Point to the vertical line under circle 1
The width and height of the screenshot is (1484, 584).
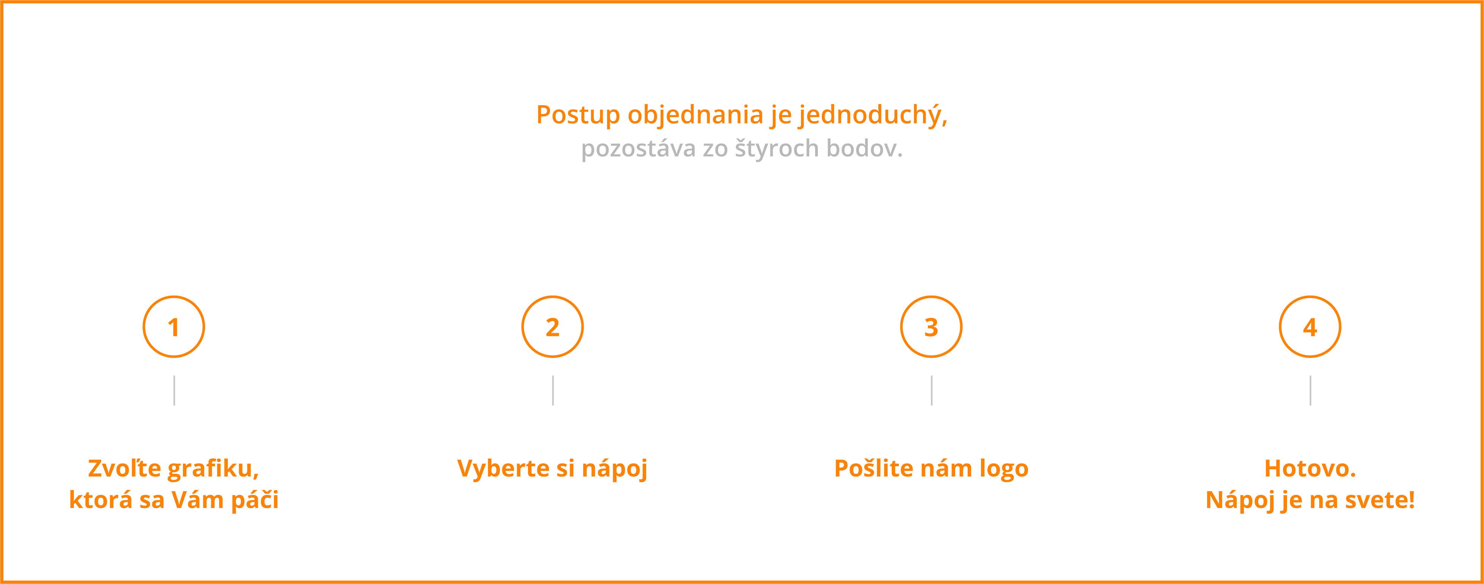click(x=174, y=391)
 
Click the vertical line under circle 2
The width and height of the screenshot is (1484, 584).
click(x=553, y=391)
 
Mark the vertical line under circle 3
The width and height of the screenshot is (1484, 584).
click(x=931, y=391)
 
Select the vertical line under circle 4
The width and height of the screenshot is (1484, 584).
click(x=1311, y=391)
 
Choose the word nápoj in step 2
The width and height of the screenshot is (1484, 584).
click(x=615, y=469)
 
